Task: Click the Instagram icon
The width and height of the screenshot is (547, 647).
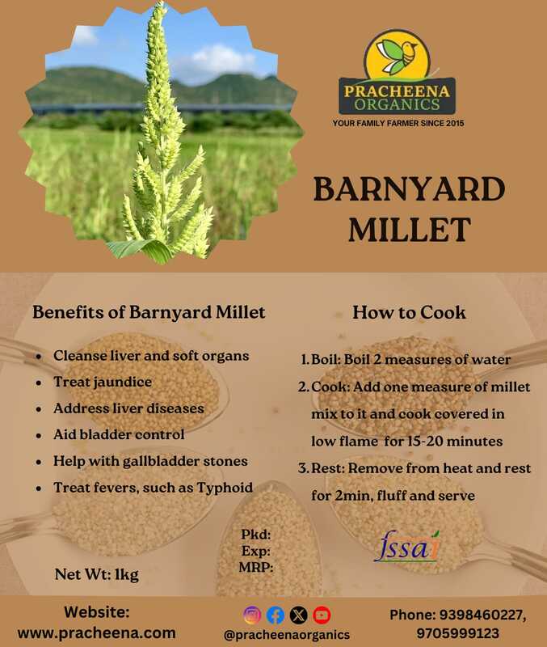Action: pyautogui.click(x=253, y=615)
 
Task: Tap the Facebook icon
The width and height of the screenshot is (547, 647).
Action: pyautogui.click(x=276, y=615)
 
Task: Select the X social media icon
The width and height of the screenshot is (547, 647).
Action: pyautogui.click(x=298, y=615)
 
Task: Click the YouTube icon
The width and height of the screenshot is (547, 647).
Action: pyautogui.click(x=322, y=615)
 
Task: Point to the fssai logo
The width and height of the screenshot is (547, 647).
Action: pyautogui.click(x=409, y=546)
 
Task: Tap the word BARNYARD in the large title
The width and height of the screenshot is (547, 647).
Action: pyautogui.click(x=409, y=190)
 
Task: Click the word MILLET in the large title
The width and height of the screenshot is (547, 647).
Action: pyautogui.click(x=409, y=230)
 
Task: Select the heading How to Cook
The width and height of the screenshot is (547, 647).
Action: pyautogui.click(x=409, y=312)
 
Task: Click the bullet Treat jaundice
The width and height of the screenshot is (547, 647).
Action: pyautogui.click(x=102, y=382)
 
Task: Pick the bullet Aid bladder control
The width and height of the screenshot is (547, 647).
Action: pyautogui.click(x=119, y=434)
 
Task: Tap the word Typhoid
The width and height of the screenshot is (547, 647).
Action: pyautogui.click(x=222, y=488)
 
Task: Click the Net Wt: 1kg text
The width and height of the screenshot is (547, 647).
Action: pyautogui.click(x=97, y=575)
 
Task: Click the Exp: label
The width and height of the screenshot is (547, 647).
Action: pyautogui.click(x=255, y=551)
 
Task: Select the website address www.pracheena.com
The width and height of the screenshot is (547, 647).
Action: pyautogui.click(x=97, y=632)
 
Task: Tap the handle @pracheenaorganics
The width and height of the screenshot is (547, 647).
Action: pyautogui.click(x=287, y=636)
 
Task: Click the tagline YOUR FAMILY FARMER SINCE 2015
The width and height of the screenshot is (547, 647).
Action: pyautogui.click(x=398, y=123)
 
